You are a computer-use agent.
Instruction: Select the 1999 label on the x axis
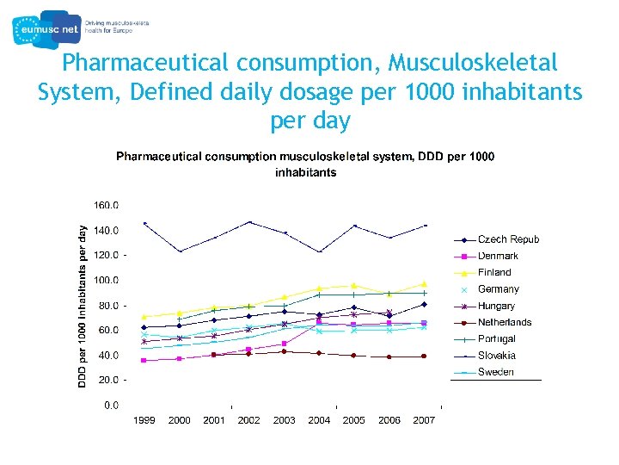pos(144,420)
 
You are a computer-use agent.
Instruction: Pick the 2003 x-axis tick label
pos(284,420)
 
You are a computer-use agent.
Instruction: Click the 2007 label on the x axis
pos(424,420)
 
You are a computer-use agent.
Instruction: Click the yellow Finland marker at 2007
pos(424,284)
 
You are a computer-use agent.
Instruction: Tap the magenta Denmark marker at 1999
pos(144,360)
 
